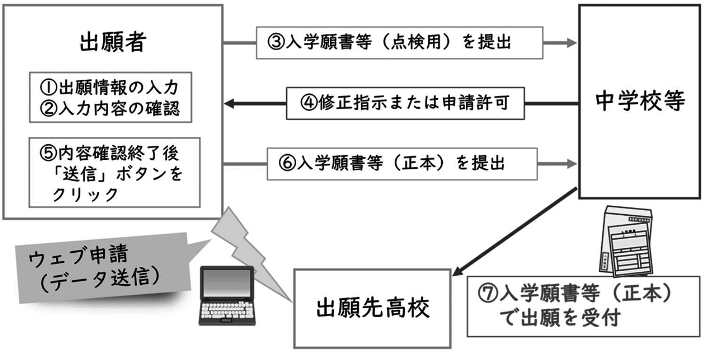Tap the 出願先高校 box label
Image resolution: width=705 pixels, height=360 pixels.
tap(372, 309)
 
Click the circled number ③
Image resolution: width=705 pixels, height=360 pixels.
tap(274, 43)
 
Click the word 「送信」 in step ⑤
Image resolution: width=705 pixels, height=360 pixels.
tap(71, 174)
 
